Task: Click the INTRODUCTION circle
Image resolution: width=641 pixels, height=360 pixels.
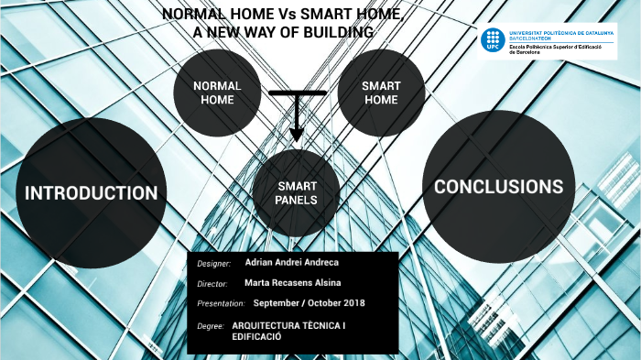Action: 91,192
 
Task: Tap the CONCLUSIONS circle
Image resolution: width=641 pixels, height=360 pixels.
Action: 499,186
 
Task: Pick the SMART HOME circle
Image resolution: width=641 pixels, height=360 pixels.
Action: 381,93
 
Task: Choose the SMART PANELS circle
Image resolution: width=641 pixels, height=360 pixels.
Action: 297,193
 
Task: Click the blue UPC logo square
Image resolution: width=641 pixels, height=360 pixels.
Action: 493,39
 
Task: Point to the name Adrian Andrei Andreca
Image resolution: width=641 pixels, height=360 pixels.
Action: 291,263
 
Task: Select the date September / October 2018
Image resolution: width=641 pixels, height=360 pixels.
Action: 309,302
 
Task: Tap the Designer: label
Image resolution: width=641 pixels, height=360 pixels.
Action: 214,264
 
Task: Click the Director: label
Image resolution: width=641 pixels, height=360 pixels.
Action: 212,284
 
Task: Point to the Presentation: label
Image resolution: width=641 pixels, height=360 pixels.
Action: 221,303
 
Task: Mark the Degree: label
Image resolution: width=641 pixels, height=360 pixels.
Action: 211,326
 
